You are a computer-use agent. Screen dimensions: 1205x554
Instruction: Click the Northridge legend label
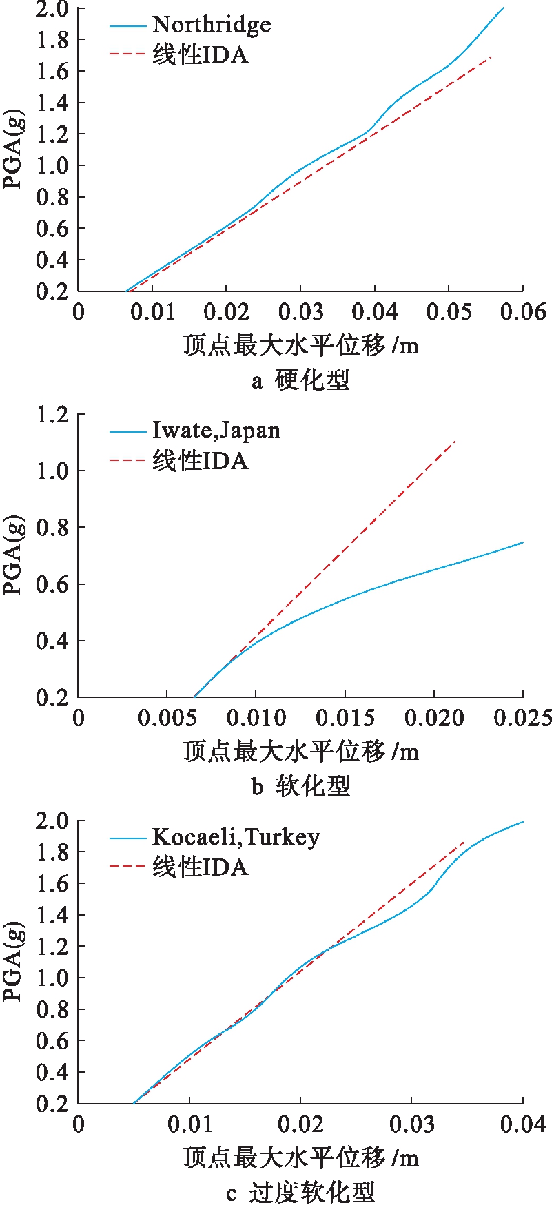click(212, 25)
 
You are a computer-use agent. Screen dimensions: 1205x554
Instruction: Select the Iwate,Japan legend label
click(216, 431)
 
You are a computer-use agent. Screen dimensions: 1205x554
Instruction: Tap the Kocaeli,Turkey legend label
click(236, 837)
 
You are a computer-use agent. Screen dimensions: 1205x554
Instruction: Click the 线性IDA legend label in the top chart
click(200, 55)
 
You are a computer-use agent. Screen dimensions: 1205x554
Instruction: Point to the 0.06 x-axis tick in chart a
click(522, 311)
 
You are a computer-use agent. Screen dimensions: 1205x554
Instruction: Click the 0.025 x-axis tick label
click(522, 718)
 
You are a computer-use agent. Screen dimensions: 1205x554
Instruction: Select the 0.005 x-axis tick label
click(167, 718)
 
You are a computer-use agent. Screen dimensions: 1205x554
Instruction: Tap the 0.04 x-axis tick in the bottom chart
click(522, 1124)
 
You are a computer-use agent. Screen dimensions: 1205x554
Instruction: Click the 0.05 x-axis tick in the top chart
click(449, 311)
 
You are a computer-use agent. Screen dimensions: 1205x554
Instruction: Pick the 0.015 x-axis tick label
click(345, 718)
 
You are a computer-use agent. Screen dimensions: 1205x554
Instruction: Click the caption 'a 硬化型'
click(300, 380)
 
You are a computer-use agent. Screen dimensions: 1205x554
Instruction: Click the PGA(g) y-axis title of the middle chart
click(14, 556)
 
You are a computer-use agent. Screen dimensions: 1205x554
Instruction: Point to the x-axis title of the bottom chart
click(300, 1157)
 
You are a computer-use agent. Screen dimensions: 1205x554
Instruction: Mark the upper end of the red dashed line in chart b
click(455, 441)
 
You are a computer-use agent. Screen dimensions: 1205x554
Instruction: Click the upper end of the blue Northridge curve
click(503, 8)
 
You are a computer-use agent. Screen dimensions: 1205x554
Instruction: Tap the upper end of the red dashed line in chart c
click(464, 842)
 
